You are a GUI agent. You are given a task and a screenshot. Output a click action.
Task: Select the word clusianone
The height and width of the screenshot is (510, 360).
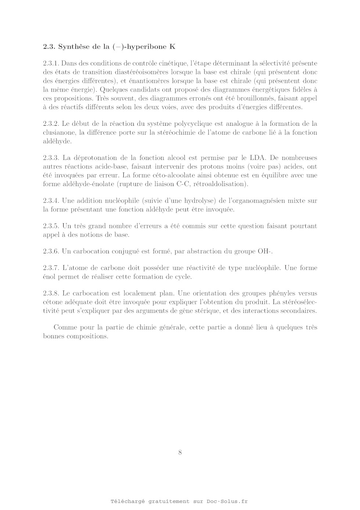(x=58, y=132)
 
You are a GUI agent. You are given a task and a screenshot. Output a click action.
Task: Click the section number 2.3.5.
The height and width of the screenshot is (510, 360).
(x=51, y=226)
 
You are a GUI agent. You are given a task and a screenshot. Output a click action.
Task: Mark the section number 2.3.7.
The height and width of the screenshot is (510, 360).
(x=51, y=268)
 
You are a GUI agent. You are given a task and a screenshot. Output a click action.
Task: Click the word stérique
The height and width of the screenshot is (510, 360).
(x=231, y=311)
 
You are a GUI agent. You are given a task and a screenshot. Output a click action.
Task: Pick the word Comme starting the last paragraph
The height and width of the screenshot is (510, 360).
(x=64, y=327)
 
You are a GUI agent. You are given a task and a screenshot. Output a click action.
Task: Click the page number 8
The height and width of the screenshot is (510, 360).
(x=180, y=452)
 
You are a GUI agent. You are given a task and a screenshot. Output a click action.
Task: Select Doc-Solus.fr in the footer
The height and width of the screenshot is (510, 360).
(x=227, y=501)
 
